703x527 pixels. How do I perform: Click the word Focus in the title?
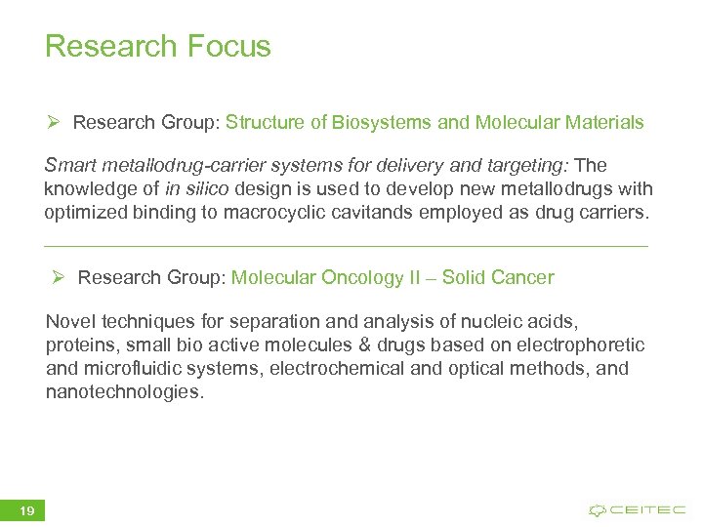tap(226, 47)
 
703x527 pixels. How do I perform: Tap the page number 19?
tap(26, 510)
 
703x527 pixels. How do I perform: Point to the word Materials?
tap(602, 123)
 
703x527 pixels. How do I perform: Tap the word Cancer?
tap(522, 278)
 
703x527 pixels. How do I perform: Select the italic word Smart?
tap(69, 166)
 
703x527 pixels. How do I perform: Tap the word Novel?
tap(68, 322)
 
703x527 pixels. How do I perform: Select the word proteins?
tap(80, 345)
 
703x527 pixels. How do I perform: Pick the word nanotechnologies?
tap(125, 392)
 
